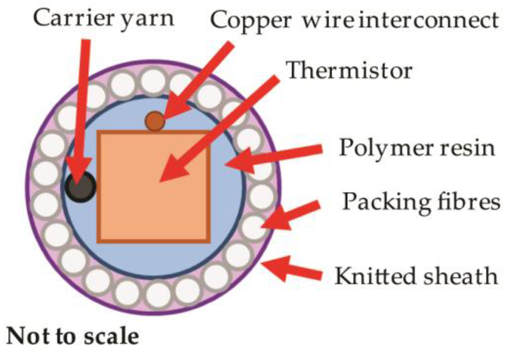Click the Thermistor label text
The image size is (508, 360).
click(349, 71)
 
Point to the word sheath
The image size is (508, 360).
click(465, 276)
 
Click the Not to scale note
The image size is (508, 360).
click(72, 336)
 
